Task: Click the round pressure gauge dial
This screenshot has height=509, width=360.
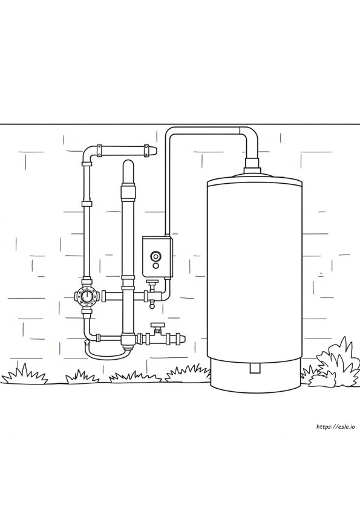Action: point(87,296)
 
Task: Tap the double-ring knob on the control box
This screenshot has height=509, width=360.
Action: point(155,256)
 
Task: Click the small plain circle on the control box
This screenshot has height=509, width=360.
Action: point(155,266)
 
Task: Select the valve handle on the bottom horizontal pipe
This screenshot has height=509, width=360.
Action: point(157,325)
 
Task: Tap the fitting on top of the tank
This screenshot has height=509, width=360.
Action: point(252,165)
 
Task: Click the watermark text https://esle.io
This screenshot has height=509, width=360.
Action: point(335,427)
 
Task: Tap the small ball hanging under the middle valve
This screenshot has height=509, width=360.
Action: point(151,305)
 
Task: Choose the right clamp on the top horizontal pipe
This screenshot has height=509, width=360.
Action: point(147,151)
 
